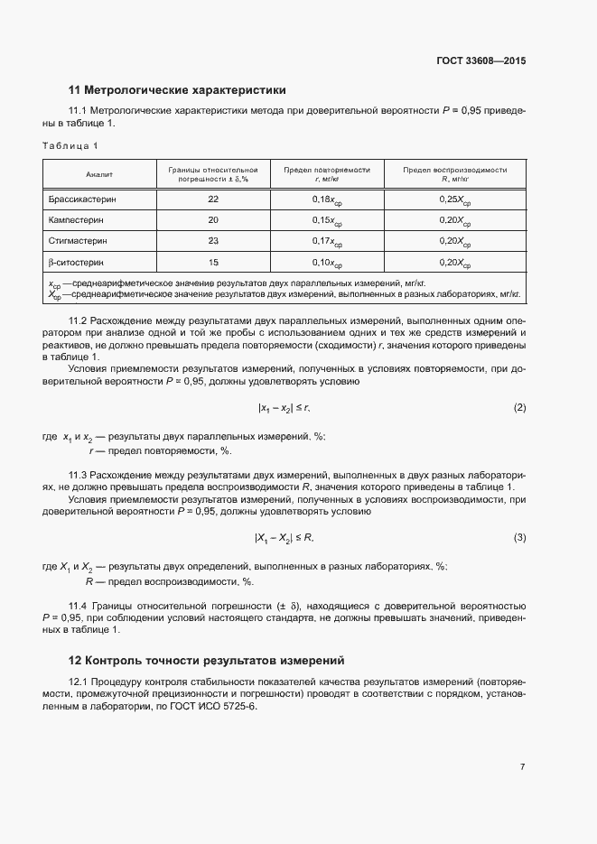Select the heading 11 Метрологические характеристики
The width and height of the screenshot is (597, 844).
point(177,90)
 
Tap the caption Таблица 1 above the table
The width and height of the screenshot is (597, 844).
point(70,145)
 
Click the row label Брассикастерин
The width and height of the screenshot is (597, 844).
point(82,199)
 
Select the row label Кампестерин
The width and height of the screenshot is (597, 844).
point(77,220)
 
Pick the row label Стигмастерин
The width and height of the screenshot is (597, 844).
point(78,241)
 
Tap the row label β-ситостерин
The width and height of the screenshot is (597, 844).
point(75,263)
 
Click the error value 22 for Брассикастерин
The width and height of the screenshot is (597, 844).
point(213,199)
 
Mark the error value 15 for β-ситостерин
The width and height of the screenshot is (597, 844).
point(213,263)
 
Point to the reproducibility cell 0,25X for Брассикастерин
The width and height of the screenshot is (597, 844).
point(454,199)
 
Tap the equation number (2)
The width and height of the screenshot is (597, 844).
point(519,408)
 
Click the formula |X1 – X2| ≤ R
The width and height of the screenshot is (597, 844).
point(283,538)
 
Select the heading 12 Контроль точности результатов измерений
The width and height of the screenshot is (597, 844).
point(207,660)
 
